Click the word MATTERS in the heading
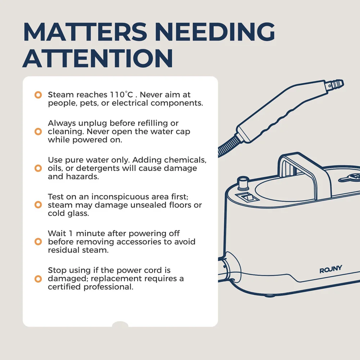[x=85, y=32]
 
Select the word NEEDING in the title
[x=215, y=32]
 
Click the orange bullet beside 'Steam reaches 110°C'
[x=38, y=95]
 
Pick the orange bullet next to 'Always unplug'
[x=38, y=131]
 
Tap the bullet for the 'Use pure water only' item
[x=38, y=168]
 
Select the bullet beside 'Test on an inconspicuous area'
[x=38, y=204]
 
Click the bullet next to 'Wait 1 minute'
[x=38, y=242]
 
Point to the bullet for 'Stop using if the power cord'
[x=38, y=279]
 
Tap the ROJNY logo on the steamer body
[x=330, y=269]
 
